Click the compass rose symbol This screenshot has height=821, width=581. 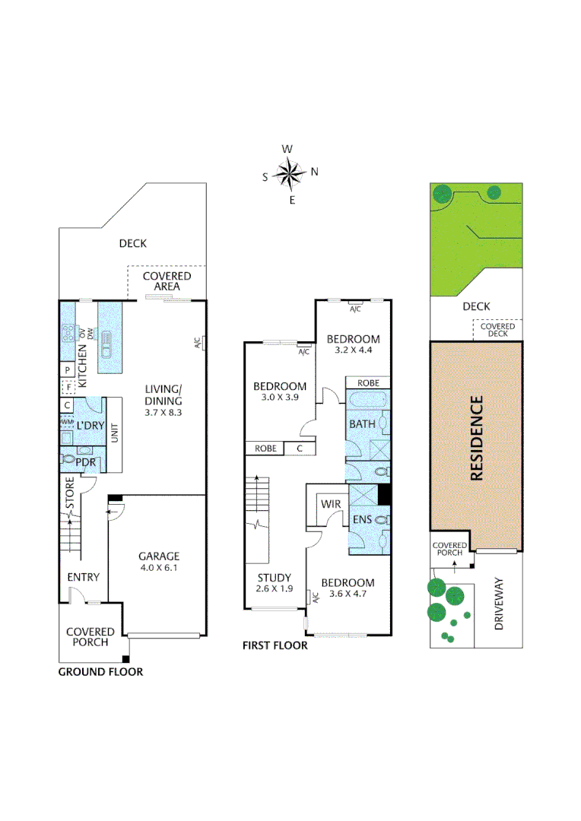(289, 173)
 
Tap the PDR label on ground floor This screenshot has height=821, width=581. (84, 460)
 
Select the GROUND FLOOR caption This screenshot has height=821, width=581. (100, 672)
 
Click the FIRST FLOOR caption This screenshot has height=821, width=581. (275, 645)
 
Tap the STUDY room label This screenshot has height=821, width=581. (274, 577)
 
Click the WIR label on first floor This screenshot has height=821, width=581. (331, 504)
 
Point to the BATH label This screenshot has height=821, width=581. (362, 423)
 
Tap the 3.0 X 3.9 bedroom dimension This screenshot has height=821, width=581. (279, 398)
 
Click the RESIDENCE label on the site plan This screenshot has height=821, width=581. (477, 437)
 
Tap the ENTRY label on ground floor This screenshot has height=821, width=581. (83, 577)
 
